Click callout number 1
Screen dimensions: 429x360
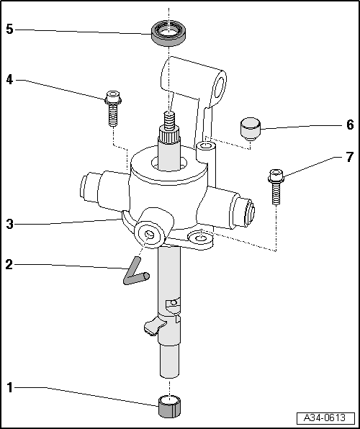click(10, 389)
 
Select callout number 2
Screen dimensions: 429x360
click(9, 264)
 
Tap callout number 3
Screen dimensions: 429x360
click(9, 224)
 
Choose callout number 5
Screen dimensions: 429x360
click(9, 30)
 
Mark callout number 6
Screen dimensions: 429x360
click(349, 125)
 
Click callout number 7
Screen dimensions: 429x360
click(349, 157)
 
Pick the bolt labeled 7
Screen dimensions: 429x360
click(276, 185)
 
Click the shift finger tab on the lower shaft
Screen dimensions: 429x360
click(152, 328)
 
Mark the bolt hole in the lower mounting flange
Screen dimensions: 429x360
click(199, 237)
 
